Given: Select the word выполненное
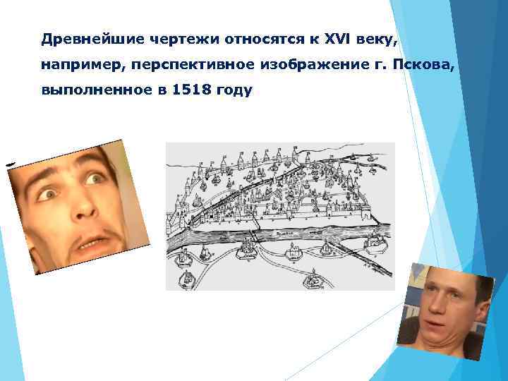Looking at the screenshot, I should (x=83, y=92).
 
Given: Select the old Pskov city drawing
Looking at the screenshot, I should (x=280, y=215).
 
